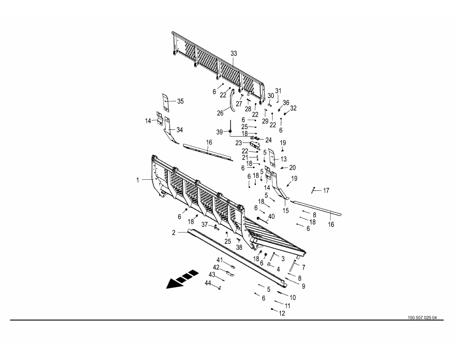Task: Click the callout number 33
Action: click(234, 53)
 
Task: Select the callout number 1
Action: click(138, 180)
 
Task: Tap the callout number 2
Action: click(174, 233)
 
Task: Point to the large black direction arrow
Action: click(182, 280)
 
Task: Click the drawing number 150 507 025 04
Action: click(422, 318)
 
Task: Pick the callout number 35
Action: click(181, 101)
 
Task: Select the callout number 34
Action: click(180, 130)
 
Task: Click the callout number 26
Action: click(220, 113)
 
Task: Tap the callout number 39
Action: click(220, 132)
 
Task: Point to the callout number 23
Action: click(239, 143)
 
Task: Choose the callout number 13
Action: click(284, 159)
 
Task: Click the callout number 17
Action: click(326, 190)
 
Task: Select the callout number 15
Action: click(286, 210)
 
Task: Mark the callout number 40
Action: click(271, 217)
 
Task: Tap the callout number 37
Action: click(205, 224)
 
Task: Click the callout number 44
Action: click(208, 283)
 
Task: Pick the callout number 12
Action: click(282, 313)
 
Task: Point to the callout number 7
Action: click(304, 267)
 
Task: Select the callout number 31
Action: click(278, 91)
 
